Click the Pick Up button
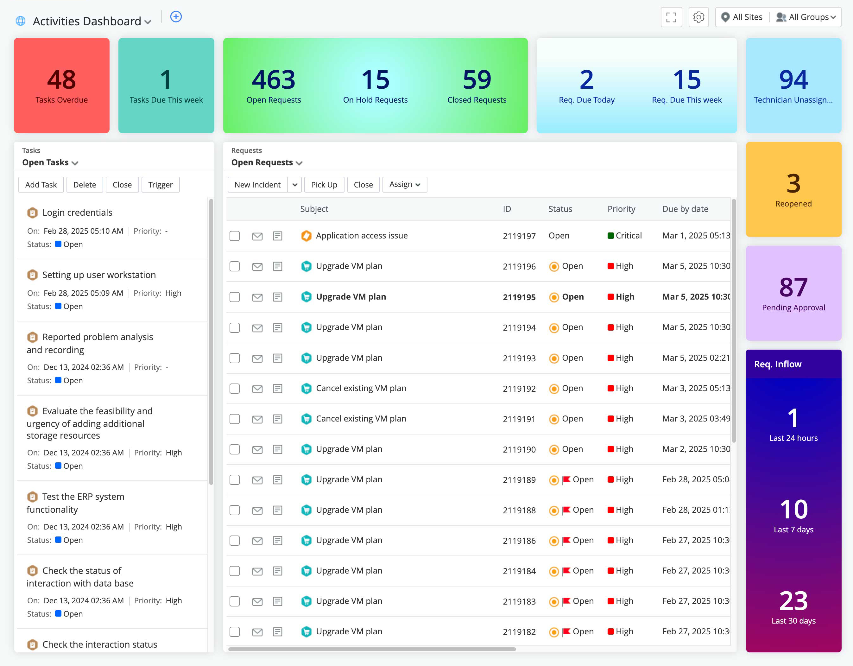pos(324,185)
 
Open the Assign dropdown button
pos(404,184)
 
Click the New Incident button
pos(257,185)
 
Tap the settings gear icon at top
pos(698,17)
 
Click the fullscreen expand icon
pos(671,17)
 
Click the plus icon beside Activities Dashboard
pos(176,17)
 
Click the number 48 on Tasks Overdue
pos(61,79)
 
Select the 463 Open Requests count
pos(273,79)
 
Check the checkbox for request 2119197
pos(234,236)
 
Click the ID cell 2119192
pos(519,389)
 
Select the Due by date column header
pos(685,209)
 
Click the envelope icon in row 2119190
pos(257,450)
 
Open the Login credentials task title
pos(77,212)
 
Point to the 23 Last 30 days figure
pos(793,601)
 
